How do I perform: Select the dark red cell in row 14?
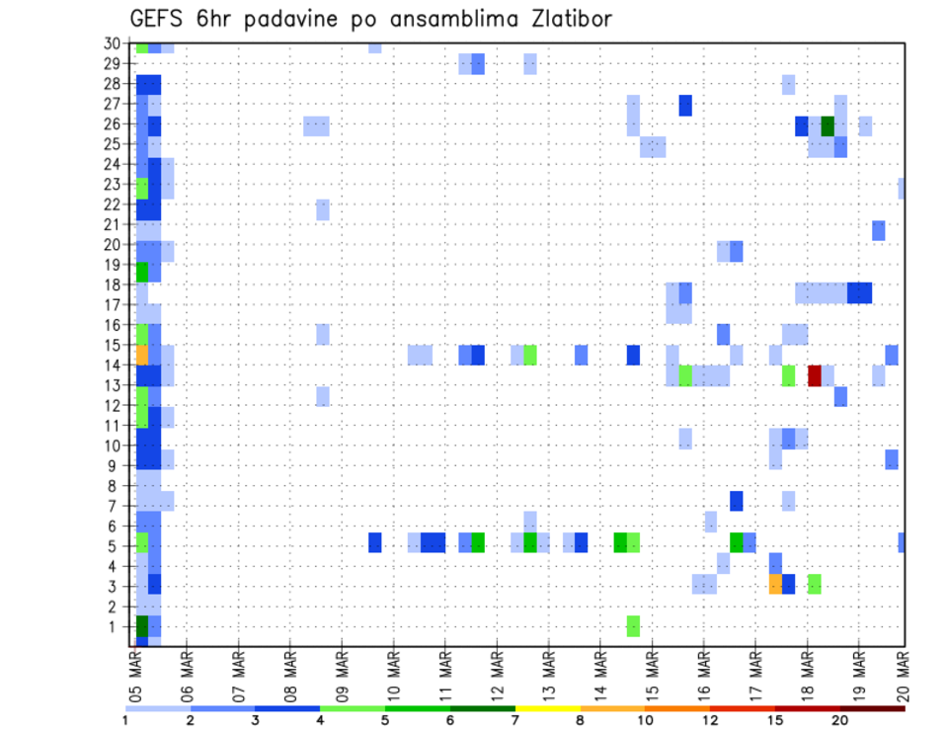pos(815,375)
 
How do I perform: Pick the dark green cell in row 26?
pos(828,125)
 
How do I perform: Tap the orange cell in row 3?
pos(775,584)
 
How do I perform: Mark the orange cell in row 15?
pos(141,355)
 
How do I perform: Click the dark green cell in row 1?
pos(141,625)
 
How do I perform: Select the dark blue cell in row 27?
pos(685,106)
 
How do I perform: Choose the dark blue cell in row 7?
pos(737,501)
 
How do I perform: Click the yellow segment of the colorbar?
pos(547,707)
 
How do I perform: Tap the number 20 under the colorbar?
pos(839,721)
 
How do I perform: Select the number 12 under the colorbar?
pos(710,721)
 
